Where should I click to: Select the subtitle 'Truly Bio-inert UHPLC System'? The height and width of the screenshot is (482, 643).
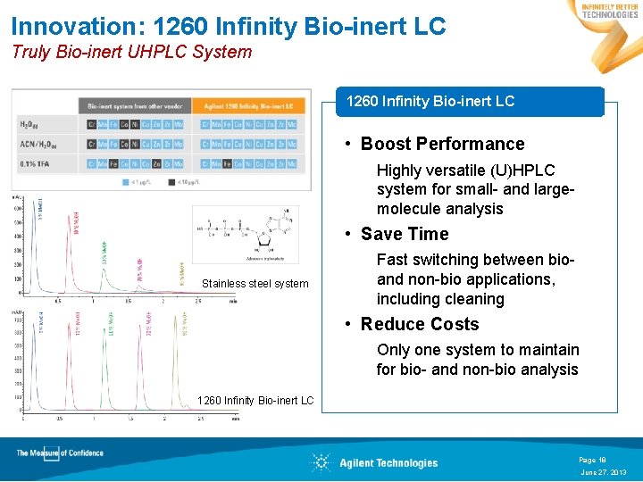tap(131, 52)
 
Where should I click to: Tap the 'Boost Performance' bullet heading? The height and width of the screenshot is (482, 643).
tap(442, 144)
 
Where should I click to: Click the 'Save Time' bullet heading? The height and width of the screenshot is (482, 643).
tap(404, 234)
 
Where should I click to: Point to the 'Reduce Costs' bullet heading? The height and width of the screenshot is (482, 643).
tap(420, 324)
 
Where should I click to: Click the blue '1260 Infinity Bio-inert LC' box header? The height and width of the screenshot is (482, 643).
tap(430, 101)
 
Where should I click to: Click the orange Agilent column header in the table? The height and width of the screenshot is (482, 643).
tap(247, 104)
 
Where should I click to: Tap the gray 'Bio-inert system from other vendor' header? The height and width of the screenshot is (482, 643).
tap(135, 104)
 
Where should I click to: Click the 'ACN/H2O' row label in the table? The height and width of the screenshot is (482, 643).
tap(37, 144)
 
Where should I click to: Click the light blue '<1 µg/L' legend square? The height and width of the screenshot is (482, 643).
tap(127, 181)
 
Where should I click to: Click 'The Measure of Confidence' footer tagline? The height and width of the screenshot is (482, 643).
tap(60, 453)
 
